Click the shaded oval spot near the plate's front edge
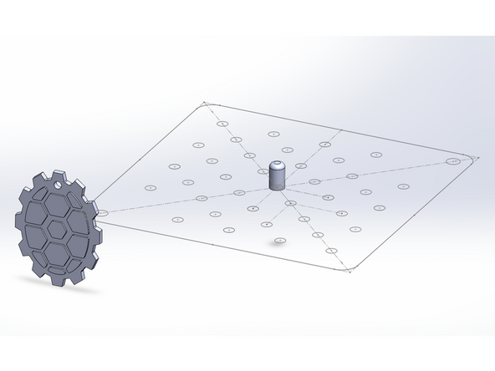click(x=280, y=241)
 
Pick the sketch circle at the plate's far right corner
click(x=452, y=160)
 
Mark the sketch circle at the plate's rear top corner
click(x=222, y=124)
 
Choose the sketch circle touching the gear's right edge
click(x=102, y=213)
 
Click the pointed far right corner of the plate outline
click(x=475, y=156)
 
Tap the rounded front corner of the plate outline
click(x=356, y=268)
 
